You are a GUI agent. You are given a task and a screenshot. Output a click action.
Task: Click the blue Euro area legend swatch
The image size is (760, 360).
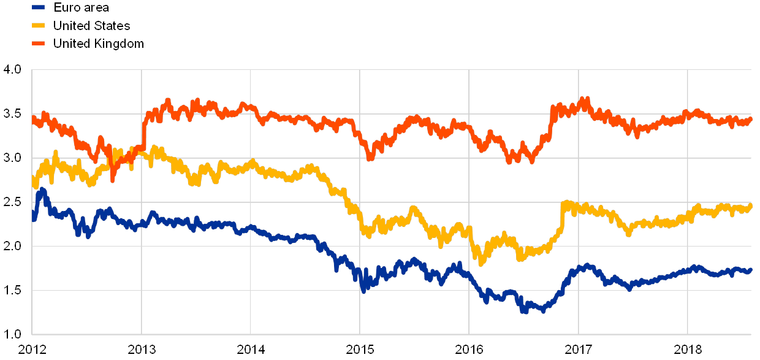pyautogui.click(x=39, y=7)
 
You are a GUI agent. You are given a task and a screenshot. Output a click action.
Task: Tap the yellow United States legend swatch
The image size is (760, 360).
pyautogui.click(x=39, y=25)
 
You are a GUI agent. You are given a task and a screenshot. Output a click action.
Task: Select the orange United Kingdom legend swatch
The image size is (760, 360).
pyautogui.click(x=39, y=44)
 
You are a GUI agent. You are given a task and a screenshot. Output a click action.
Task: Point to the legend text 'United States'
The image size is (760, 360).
pyautogui.click(x=92, y=25)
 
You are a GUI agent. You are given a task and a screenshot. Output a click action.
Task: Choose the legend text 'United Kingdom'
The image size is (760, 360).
pyautogui.click(x=98, y=44)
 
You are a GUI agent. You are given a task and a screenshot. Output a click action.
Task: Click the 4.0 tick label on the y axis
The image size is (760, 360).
pyautogui.click(x=12, y=70)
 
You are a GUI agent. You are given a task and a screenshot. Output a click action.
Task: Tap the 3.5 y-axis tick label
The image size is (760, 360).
pyautogui.click(x=12, y=114)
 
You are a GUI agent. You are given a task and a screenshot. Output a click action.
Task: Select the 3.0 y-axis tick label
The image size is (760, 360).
pyautogui.click(x=12, y=158)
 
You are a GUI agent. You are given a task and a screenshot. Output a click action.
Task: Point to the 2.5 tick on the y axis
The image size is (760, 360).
pyautogui.click(x=12, y=202)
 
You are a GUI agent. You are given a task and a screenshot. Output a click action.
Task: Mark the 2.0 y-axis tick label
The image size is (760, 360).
pyautogui.click(x=12, y=246)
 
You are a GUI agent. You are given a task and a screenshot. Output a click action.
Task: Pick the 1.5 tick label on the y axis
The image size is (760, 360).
pyautogui.click(x=12, y=290)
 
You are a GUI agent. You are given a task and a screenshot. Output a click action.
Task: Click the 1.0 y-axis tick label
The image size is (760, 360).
pyautogui.click(x=12, y=334)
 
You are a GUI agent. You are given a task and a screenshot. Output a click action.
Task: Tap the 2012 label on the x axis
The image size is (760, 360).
pyautogui.click(x=32, y=349)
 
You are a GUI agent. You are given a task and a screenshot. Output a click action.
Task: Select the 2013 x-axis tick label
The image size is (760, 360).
pyautogui.click(x=142, y=349)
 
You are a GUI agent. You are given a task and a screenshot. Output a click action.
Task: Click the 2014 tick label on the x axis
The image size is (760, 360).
pyautogui.click(x=251, y=349)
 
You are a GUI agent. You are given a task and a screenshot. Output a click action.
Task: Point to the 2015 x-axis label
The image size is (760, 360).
pyautogui.click(x=360, y=349)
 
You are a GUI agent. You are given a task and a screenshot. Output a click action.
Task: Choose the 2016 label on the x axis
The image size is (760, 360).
pyautogui.click(x=469, y=349)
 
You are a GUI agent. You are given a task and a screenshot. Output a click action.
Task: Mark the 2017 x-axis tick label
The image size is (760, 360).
pyautogui.click(x=579, y=349)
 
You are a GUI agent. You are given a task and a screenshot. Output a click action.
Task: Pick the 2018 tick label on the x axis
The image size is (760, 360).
pyautogui.click(x=688, y=349)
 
